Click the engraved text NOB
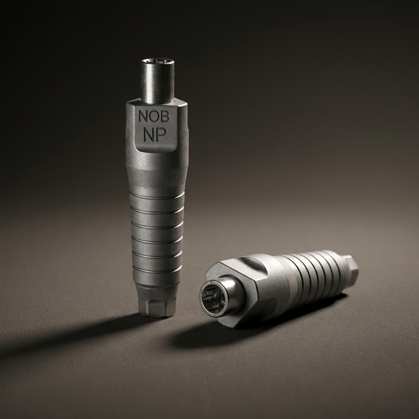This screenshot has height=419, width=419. tap(153, 117)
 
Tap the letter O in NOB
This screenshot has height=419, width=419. tap(153, 117)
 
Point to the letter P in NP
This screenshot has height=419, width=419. tap(161, 135)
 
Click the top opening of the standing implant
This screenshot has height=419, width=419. tap(158, 62)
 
